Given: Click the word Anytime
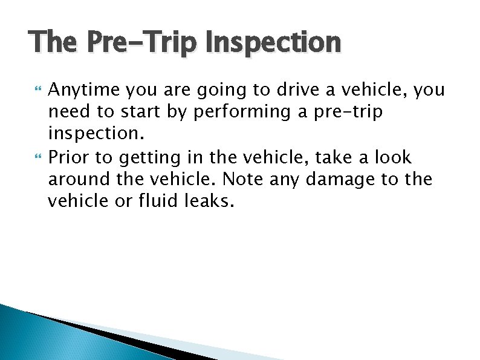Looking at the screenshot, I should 84,91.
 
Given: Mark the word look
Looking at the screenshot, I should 392,159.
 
